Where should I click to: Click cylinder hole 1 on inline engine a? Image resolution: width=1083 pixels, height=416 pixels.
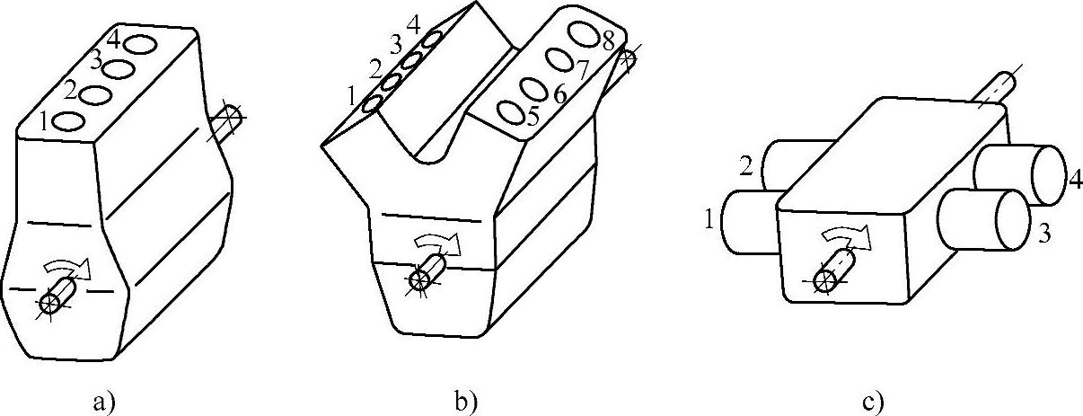pos(68,120)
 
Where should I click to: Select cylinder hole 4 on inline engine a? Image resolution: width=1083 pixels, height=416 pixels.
pos(138,42)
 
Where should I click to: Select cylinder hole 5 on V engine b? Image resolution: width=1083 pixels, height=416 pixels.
pos(511,114)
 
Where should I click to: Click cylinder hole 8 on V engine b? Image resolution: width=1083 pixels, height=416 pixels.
pos(583,33)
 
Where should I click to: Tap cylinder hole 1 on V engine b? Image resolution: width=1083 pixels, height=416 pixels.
pos(374,104)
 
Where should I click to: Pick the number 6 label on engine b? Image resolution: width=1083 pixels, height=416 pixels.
pos(559,94)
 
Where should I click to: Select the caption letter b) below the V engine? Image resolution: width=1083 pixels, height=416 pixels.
pos(464,401)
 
